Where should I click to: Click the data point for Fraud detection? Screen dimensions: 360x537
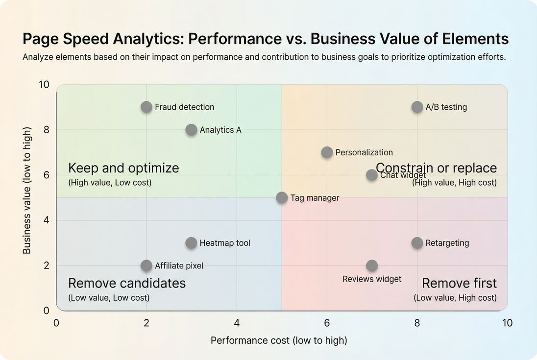pyautogui.click(x=146, y=107)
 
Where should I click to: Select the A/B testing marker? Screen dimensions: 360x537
pyautogui.click(x=417, y=107)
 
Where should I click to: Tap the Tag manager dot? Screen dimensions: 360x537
pyautogui.click(x=282, y=198)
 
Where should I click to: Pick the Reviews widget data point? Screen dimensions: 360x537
pyautogui.click(x=372, y=265)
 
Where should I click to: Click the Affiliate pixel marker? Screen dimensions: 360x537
pyautogui.click(x=146, y=265)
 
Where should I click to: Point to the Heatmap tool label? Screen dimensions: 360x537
pyautogui.click(x=225, y=243)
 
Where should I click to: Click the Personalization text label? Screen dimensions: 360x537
pyautogui.click(x=364, y=152)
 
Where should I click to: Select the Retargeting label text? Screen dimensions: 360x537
pyautogui.click(x=447, y=243)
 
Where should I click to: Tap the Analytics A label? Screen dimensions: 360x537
pyautogui.click(x=220, y=130)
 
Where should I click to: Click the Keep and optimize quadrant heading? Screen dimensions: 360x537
pyautogui.click(x=123, y=168)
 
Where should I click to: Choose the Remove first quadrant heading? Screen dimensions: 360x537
pyautogui.click(x=459, y=283)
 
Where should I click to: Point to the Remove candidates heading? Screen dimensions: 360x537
pyautogui.click(x=127, y=283)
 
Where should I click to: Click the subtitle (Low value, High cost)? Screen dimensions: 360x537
pyautogui.click(x=455, y=298)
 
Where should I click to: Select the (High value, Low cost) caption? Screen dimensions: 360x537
pyautogui.click(x=110, y=183)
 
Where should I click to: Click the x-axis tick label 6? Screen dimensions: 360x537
pyautogui.click(x=327, y=323)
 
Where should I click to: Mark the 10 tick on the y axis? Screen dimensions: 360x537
pyautogui.click(x=44, y=84)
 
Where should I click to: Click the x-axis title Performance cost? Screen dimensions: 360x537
pyautogui.click(x=279, y=340)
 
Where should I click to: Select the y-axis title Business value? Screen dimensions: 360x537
pyautogui.click(x=27, y=191)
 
